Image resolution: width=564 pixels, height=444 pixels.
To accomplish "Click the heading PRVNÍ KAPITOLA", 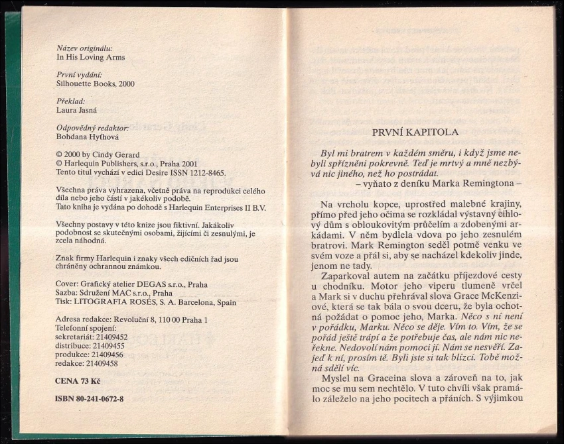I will [x=416, y=132].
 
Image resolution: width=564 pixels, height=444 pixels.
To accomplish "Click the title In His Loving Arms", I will [x=91, y=57].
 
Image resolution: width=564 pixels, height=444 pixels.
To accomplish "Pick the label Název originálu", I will [x=84, y=48].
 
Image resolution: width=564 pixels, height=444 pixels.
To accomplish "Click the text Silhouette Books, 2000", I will [x=96, y=84].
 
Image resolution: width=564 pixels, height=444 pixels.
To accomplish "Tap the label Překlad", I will [x=71, y=101].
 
